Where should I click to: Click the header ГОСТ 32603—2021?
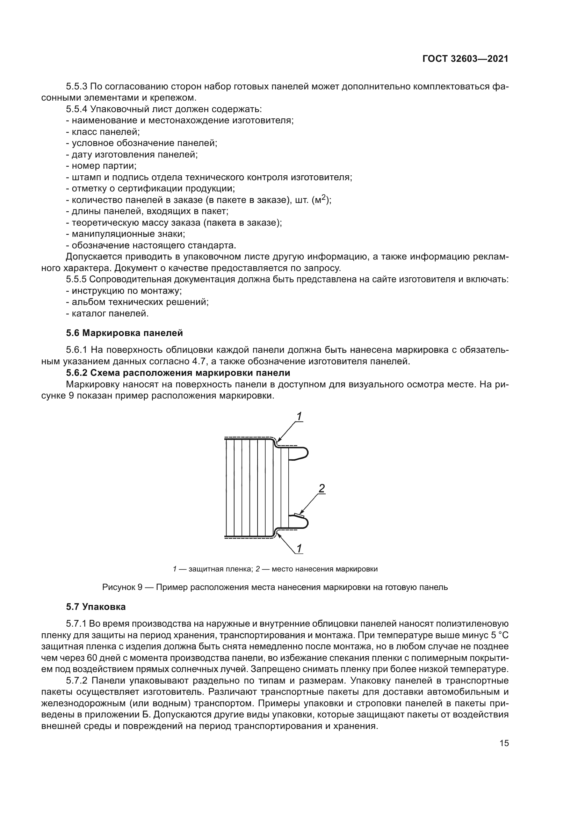click(465, 59)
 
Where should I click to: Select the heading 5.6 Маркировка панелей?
click(124, 333)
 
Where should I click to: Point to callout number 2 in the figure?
click(321, 489)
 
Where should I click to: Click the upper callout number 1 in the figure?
click(299, 416)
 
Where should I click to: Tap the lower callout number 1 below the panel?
click(299, 548)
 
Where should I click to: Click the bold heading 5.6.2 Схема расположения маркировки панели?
click(178, 373)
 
